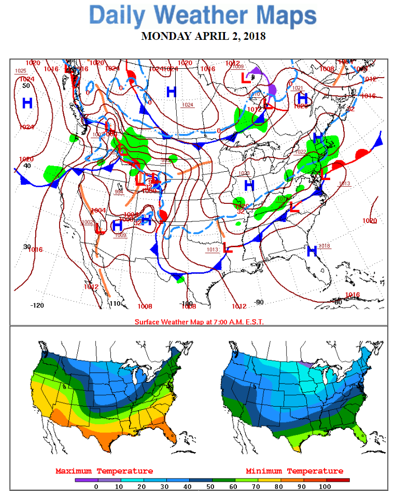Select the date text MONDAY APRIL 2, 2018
point(203,36)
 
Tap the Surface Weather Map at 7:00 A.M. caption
point(199,322)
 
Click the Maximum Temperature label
point(104,471)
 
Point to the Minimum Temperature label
point(294,471)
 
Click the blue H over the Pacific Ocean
point(27,102)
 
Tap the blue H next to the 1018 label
point(312,251)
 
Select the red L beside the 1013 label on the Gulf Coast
point(227,248)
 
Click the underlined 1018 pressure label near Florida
point(325,245)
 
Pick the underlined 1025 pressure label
point(21,71)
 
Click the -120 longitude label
point(37,305)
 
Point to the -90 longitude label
point(258,302)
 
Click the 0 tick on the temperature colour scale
point(96,486)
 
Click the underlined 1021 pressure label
point(298,88)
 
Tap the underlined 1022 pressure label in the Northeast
point(301,152)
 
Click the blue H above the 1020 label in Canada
point(303,98)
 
